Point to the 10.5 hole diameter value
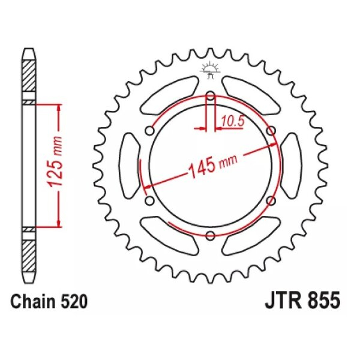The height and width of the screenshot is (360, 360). pyautogui.click(x=232, y=121)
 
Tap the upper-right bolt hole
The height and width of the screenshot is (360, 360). pyautogui.click(x=271, y=130)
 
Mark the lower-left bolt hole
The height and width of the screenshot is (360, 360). pyautogui.click(x=149, y=200)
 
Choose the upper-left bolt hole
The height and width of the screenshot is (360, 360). pyautogui.click(x=149, y=130)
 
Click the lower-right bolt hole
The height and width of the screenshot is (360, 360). pyautogui.click(x=271, y=200)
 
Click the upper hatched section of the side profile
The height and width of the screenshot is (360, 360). pyautogui.click(x=28, y=78)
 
